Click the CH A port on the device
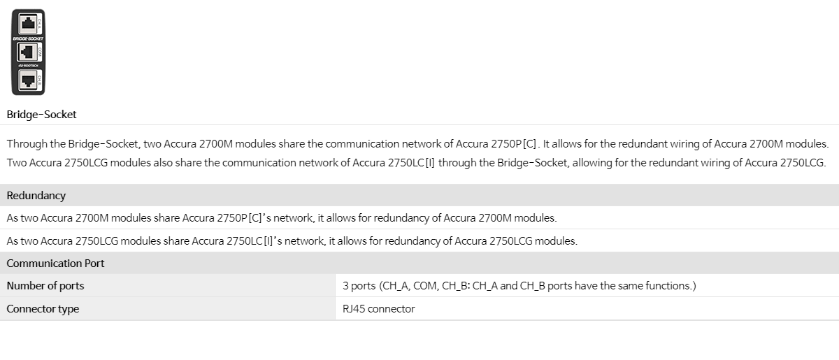[x=28, y=24]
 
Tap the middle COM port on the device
[x=28, y=52]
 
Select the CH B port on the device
[x=28, y=80]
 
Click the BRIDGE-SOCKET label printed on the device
[x=28, y=38]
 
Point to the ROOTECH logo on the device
[x=29, y=66]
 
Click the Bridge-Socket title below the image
[x=41, y=114]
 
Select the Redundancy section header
[x=36, y=196]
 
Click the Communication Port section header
[x=55, y=264]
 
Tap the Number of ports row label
[x=45, y=286]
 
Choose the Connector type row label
[x=43, y=309]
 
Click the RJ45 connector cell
[x=379, y=309]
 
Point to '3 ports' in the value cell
[x=359, y=286]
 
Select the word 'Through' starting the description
[x=27, y=144]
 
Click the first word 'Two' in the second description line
[x=17, y=163]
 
